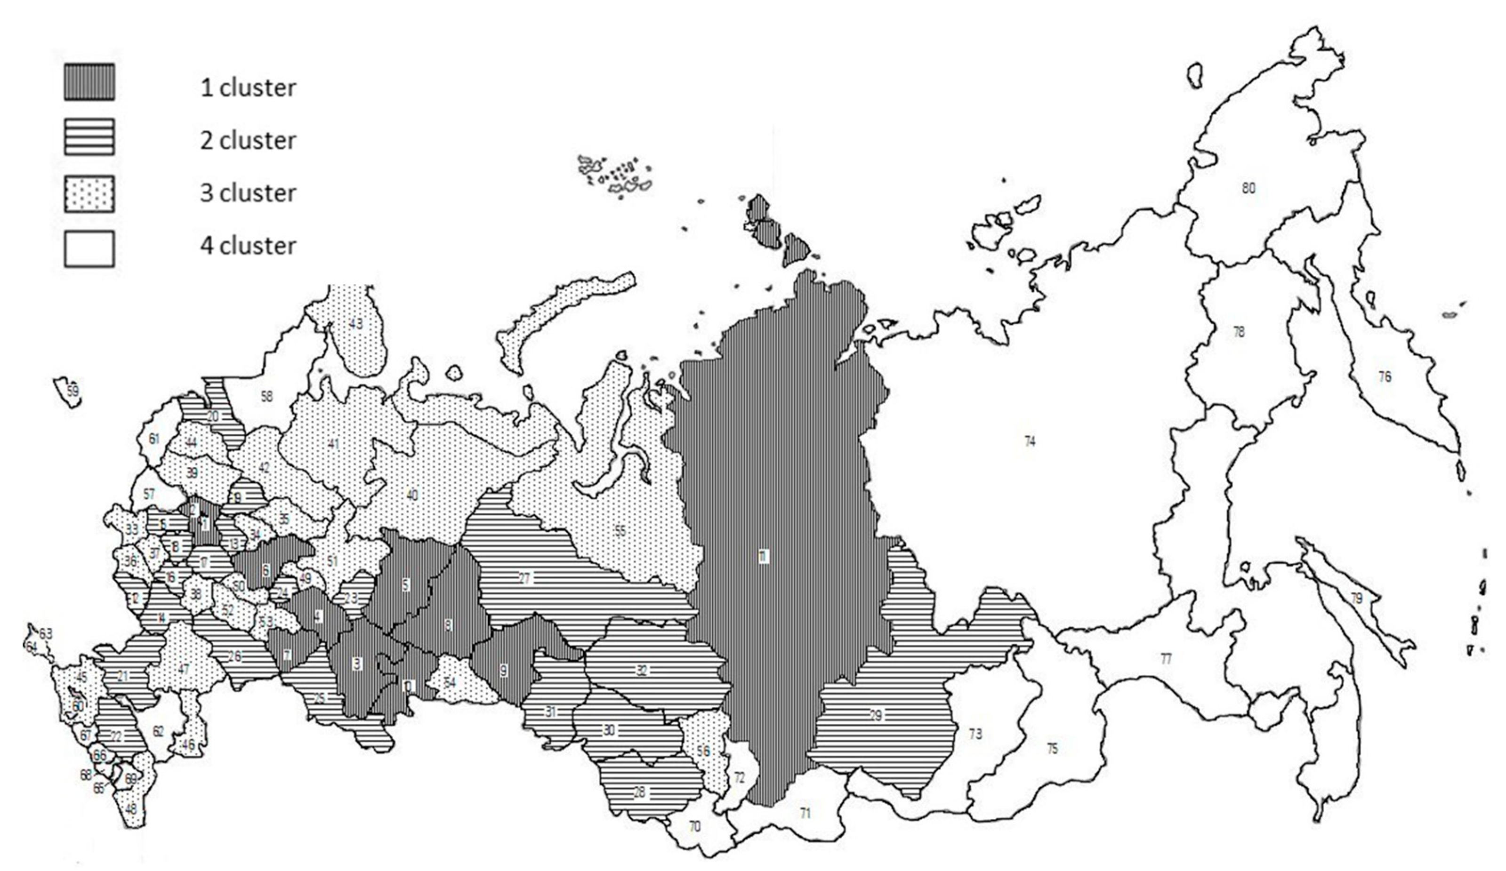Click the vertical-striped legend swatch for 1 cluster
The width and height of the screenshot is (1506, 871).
point(89,82)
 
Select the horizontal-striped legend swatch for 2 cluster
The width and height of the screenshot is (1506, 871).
point(89,137)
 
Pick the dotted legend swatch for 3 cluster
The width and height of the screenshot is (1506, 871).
point(89,193)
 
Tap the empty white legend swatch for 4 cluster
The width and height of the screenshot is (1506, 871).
point(89,248)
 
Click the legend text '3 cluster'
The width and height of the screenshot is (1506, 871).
point(248,193)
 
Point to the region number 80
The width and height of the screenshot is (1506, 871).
point(1248,188)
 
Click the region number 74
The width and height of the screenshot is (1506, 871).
point(1030,441)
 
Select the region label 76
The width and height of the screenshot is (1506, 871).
point(1385,377)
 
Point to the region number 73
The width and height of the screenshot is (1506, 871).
point(975,734)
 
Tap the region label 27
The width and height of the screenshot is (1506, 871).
point(524,578)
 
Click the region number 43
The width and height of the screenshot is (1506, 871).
point(356,324)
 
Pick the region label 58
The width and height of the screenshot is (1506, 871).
point(266,396)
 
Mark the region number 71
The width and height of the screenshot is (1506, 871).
point(805,813)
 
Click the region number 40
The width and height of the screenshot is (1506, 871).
point(412,495)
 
